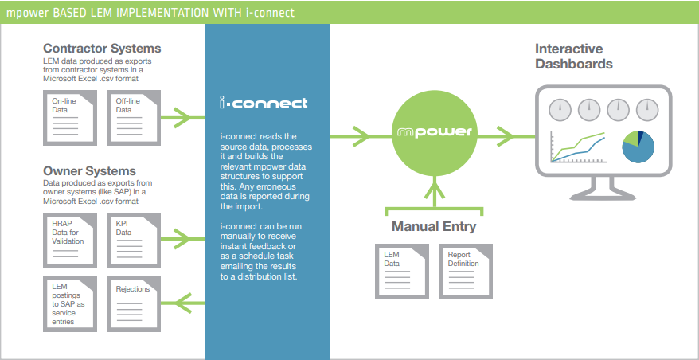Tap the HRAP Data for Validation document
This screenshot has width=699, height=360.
point(70,238)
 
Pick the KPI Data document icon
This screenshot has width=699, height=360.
point(134,238)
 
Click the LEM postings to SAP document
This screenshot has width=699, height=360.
point(70,303)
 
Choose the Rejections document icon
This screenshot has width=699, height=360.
point(134,303)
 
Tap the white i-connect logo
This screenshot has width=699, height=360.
point(264,103)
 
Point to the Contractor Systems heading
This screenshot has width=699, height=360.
point(102,49)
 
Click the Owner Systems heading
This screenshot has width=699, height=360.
point(89,171)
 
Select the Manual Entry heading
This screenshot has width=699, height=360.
point(434,226)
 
